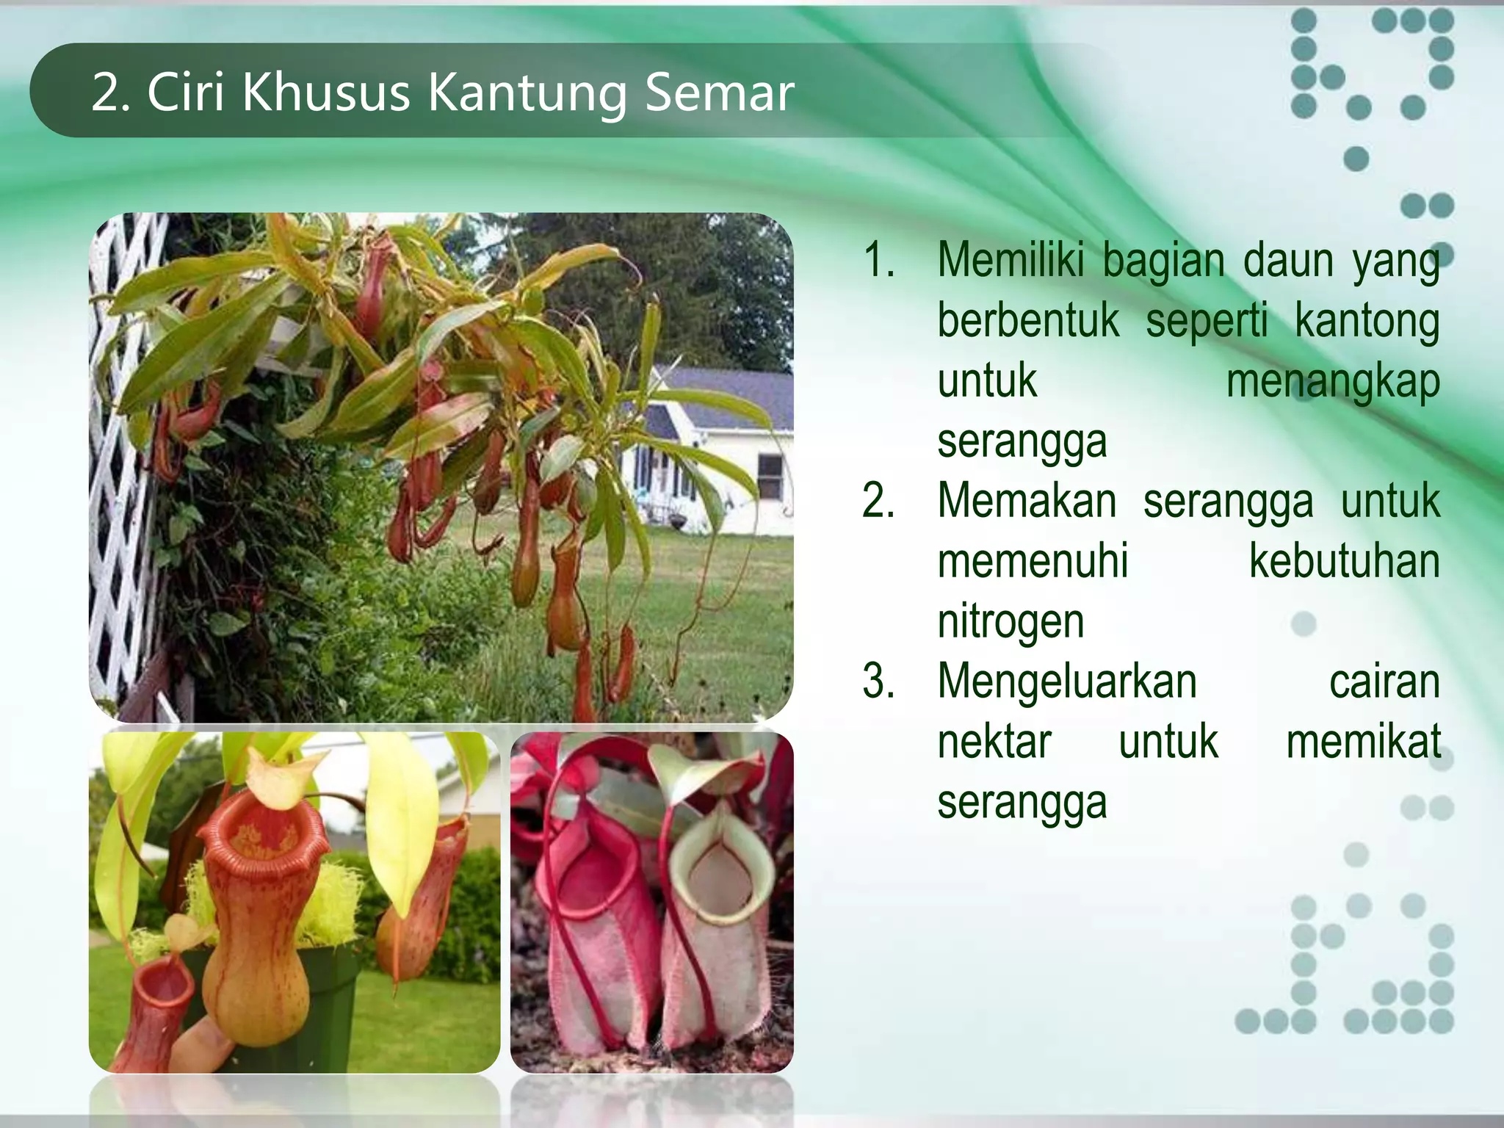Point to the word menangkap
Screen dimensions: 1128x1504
[x=1332, y=382]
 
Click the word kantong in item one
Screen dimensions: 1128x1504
[x=1366, y=322]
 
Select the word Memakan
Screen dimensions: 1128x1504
[x=1026, y=501]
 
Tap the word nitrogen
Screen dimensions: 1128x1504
[x=1010, y=621]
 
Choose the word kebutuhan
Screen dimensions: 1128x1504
[x=1344, y=561]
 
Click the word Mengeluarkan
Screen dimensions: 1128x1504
[x=1067, y=681]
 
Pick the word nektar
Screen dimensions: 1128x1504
[x=994, y=741]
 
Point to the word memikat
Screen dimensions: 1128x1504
[x=1363, y=741]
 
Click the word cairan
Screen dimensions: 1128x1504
[x=1384, y=681]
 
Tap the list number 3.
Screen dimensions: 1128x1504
[x=878, y=681]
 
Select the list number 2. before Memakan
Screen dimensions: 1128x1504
[x=878, y=501]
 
